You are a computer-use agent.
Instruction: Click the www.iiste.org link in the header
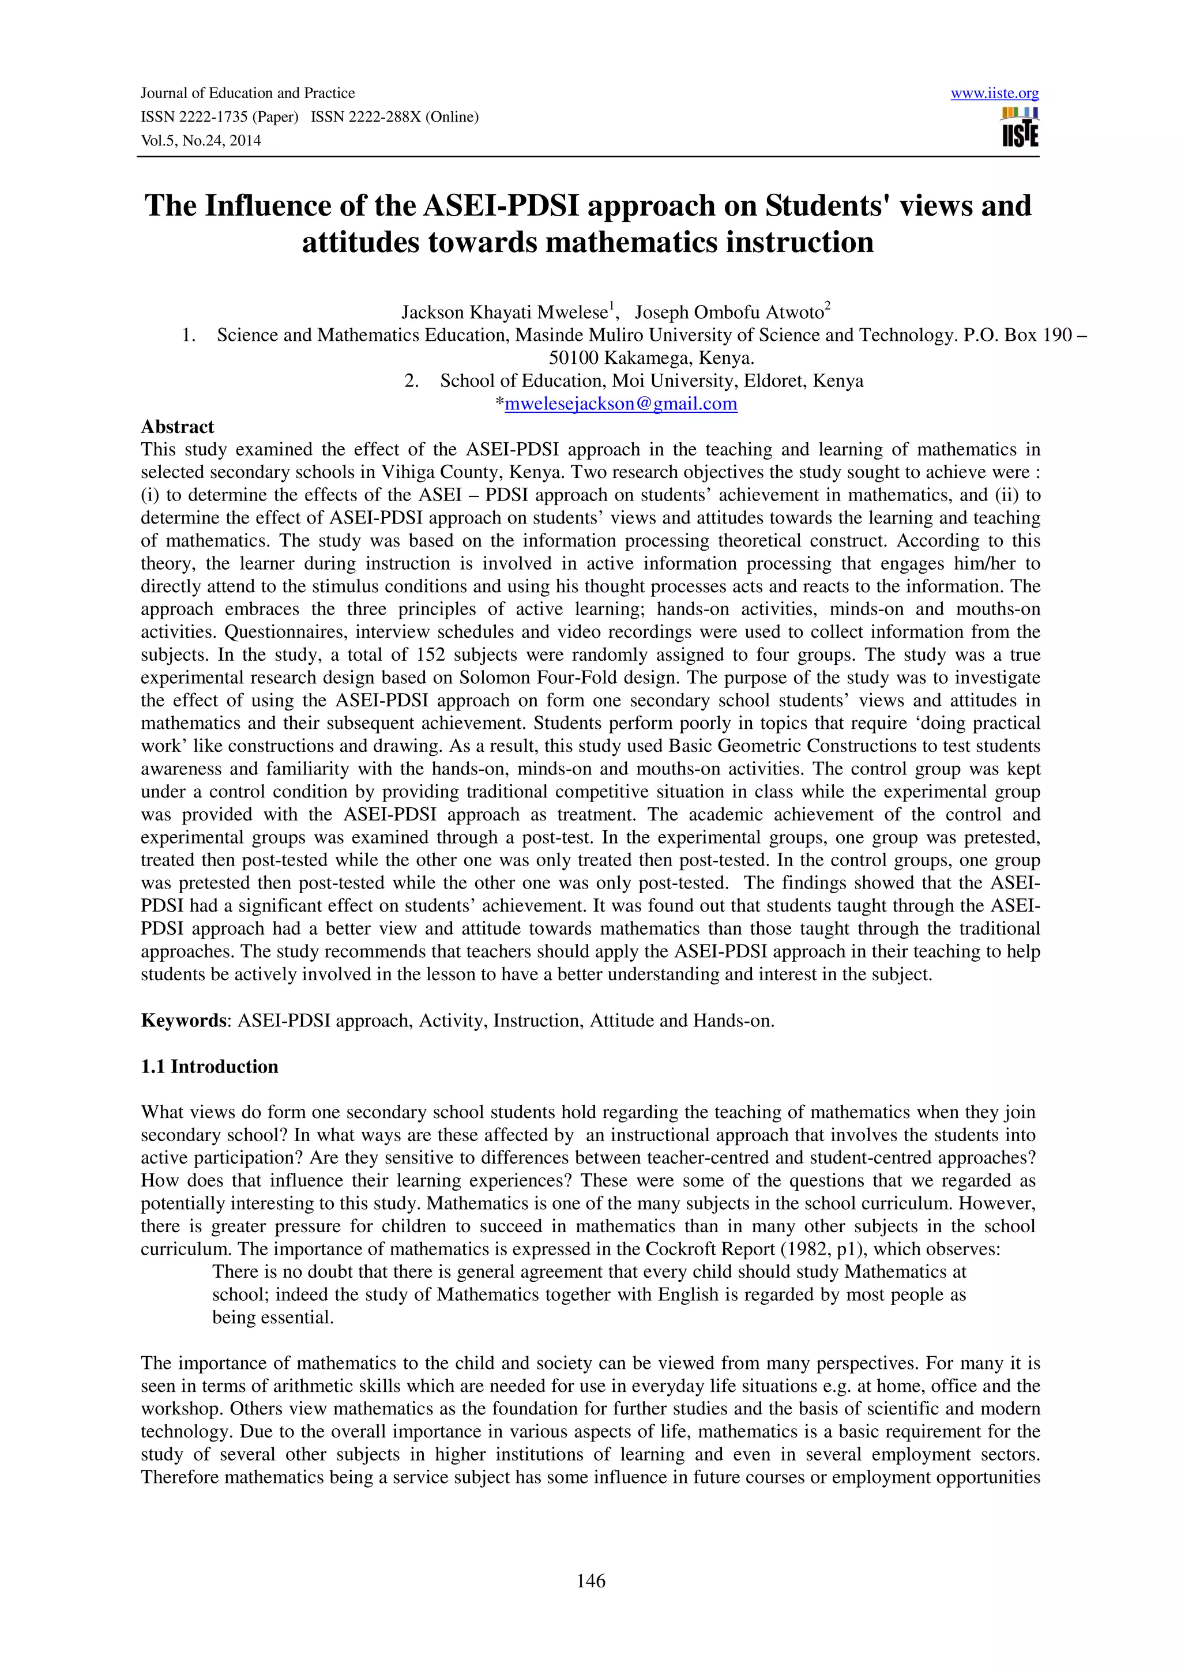tap(994, 93)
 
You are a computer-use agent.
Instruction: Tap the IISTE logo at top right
tap(1020, 128)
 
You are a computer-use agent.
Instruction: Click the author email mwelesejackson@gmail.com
tap(620, 404)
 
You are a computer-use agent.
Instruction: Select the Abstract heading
tap(178, 427)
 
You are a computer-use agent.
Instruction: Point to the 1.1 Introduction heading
tap(209, 1066)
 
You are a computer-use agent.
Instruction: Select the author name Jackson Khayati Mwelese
tap(504, 313)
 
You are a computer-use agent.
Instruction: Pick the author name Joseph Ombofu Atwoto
tap(728, 313)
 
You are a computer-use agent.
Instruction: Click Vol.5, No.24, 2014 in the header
tap(201, 141)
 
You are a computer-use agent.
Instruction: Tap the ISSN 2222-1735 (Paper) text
tap(220, 117)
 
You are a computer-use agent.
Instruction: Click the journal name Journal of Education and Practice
tap(247, 93)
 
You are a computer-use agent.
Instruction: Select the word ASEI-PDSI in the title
tap(501, 206)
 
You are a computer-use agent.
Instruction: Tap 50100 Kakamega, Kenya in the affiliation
tap(650, 358)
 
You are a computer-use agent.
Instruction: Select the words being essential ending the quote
tap(272, 1318)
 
